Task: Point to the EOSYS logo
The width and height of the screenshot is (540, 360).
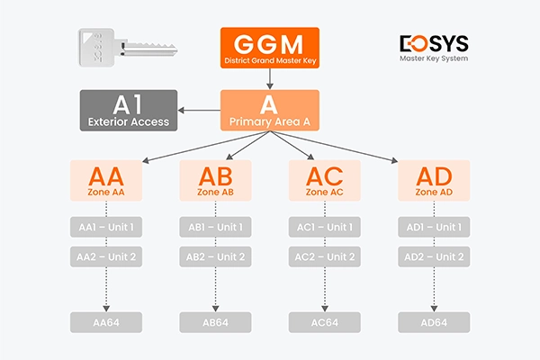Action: (433, 43)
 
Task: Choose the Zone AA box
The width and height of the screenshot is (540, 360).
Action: (107, 181)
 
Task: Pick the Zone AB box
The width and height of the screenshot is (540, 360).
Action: (216, 181)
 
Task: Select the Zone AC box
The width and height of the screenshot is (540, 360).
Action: (325, 181)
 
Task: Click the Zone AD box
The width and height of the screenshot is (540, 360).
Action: (434, 181)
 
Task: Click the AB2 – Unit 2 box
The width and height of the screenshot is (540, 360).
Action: (216, 257)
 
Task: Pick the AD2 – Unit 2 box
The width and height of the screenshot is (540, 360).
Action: (434, 257)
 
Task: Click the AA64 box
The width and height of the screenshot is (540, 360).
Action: (107, 322)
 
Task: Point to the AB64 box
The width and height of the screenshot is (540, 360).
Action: (216, 322)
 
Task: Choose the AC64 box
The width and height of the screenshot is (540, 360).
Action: (325, 322)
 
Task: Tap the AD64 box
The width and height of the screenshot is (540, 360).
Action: (434, 322)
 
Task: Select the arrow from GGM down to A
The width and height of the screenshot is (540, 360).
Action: (270, 81)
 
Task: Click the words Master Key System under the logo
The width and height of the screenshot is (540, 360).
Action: (433, 60)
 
